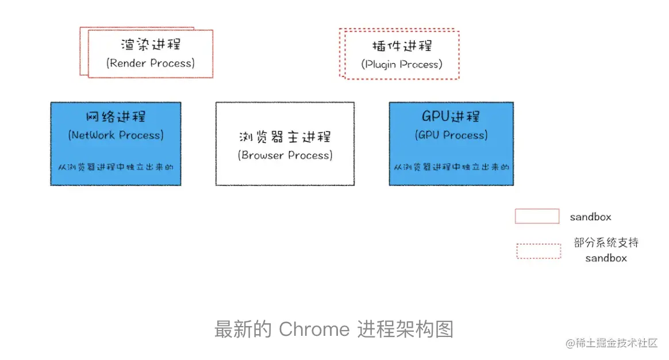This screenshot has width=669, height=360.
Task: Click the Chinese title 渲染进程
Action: [x=150, y=45]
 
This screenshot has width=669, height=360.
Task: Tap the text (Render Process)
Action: [x=150, y=63]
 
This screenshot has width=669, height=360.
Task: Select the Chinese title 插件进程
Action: [x=402, y=46]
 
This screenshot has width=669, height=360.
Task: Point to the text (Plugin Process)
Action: [x=402, y=64]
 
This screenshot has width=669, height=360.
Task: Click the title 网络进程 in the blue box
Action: [x=116, y=117]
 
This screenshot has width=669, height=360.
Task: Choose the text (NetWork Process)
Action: [x=116, y=135]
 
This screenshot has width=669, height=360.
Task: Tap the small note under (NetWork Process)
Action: [x=116, y=167]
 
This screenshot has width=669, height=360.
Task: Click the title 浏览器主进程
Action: [x=284, y=137]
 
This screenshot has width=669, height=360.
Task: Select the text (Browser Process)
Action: [x=284, y=155]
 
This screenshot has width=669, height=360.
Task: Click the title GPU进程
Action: [x=451, y=117]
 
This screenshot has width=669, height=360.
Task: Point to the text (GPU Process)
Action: [x=451, y=135]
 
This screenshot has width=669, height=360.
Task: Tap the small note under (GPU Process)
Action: [x=451, y=167]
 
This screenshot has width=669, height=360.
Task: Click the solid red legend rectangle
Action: [x=537, y=216]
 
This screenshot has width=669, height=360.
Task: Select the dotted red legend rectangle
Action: [x=539, y=251]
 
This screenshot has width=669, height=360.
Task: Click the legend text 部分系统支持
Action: [x=606, y=243]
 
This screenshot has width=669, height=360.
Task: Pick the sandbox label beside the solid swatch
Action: [x=590, y=217]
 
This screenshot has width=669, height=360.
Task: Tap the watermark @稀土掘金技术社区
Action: [x=611, y=343]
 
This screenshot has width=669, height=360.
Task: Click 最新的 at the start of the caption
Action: [x=242, y=330]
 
